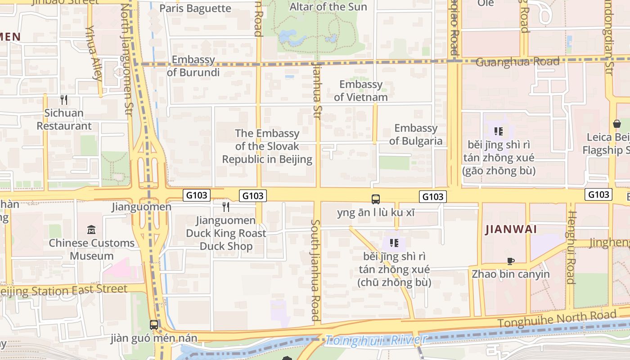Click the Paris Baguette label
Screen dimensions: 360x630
click(x=195, y=9)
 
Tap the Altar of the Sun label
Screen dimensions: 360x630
click(x=328, y=7)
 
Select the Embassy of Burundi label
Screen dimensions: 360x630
click(x=193, y=66)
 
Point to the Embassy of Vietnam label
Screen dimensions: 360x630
click(x=361, y=90)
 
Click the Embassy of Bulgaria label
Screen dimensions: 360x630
click(x=416, y=135)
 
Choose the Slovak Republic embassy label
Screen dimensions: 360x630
click(x=267, y=146)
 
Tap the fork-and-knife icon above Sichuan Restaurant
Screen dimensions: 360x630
click(x=64, y=99)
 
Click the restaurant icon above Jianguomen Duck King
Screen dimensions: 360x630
click(x=226, y=207)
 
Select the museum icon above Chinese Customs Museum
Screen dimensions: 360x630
click(x=92, y=229)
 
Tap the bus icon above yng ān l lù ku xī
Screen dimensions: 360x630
click(x=376, y=199)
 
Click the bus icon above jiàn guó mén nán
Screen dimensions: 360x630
click(x=154, y=324)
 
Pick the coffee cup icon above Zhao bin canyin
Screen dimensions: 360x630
click(x=510, y=261)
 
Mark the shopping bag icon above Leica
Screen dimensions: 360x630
click(x=616, y=123)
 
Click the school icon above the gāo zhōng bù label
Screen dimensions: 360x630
click(x=499, y=131)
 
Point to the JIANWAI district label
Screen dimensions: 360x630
click(x=511, y=229)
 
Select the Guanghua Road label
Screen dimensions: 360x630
click(x=517, y=62)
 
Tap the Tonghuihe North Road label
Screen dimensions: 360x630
click(x=557, y=319)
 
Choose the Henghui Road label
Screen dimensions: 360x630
click(x=571, y=247)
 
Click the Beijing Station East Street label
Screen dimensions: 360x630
click(x=63, y=290)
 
